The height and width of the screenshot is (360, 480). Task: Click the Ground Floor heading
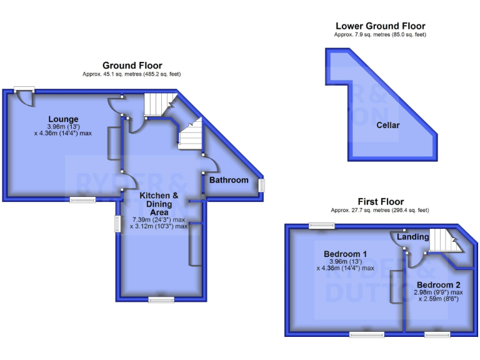point(132,66)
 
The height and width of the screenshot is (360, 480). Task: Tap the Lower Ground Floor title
point(380,26)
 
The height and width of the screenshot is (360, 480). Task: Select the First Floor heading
point(380,202)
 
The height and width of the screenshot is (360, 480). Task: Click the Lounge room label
point(63,119)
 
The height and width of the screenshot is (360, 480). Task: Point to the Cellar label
point(387,125)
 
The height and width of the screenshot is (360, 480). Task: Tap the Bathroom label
point(229,180)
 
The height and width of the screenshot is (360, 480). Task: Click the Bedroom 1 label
point(345,254)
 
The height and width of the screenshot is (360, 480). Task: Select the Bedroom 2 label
point(439,285)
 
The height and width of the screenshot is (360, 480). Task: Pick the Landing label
point(413,237)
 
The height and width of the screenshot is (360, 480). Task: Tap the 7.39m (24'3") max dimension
point(159,220)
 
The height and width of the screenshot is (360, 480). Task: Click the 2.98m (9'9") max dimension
point(438,292)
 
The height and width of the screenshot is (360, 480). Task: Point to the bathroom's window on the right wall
point(262,186)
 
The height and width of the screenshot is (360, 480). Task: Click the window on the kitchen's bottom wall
point(161,300)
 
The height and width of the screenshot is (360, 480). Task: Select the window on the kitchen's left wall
point(116,224)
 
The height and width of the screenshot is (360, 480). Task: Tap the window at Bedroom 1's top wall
point(321,225)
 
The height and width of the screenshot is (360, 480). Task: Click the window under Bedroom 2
point(437,335)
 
